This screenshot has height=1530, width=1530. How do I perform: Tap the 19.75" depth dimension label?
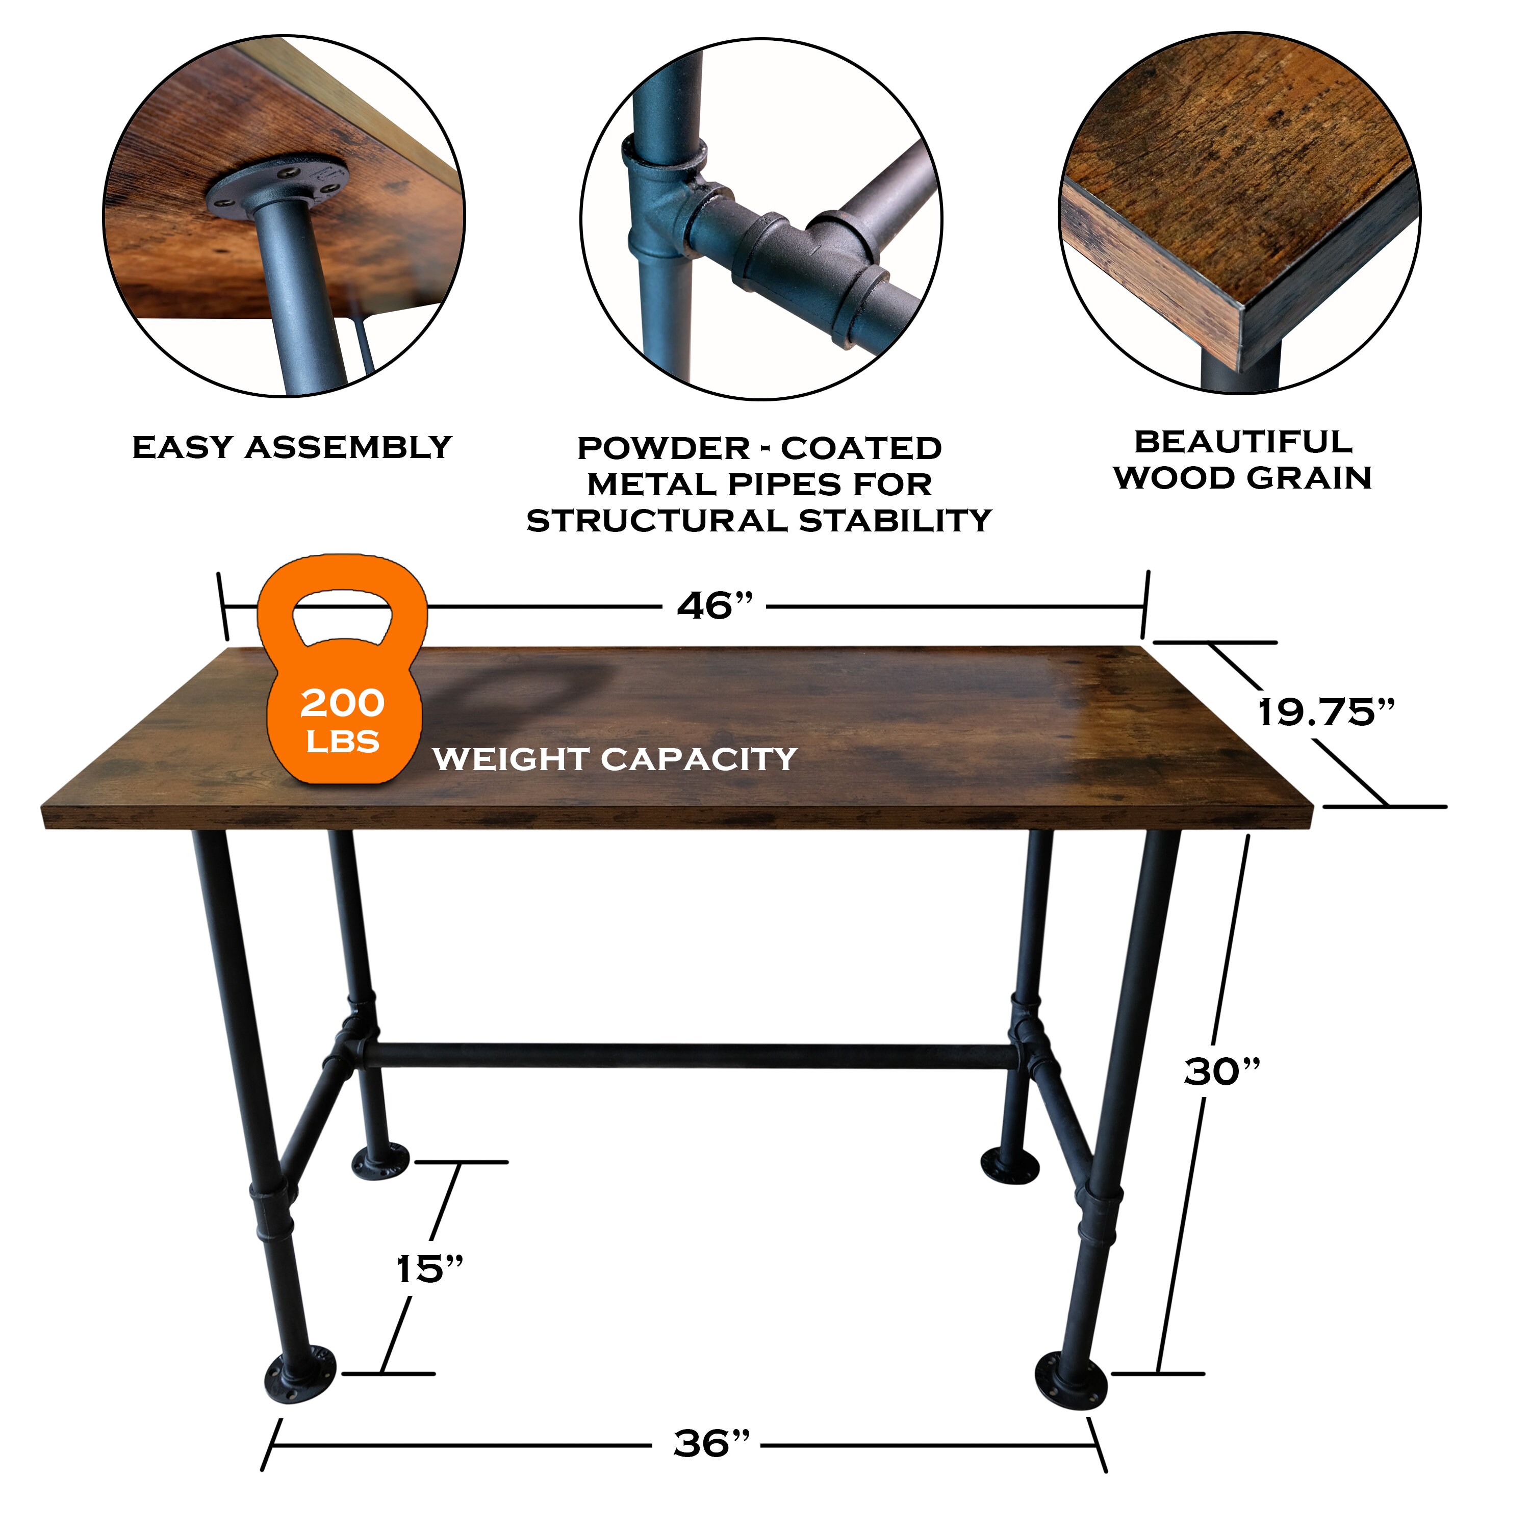point(1327,713)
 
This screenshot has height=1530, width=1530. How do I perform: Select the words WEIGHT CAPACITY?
point(615,759)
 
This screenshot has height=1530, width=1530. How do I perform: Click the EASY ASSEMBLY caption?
point(291,447)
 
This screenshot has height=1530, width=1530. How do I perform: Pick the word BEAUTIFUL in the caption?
point(1243,442)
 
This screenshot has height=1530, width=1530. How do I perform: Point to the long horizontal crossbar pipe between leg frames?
point(689,1056)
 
